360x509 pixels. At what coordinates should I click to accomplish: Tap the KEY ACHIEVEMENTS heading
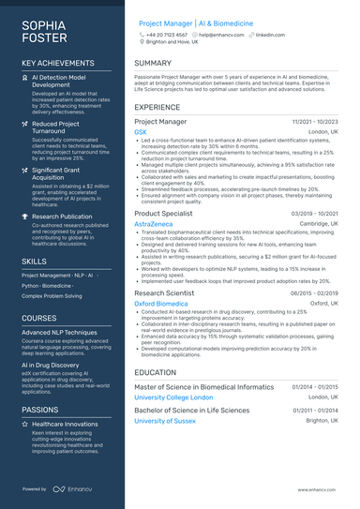pyautogui.click(x=57, y=63)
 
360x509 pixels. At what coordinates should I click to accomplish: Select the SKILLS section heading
pyautogui.click(x=34, y=262)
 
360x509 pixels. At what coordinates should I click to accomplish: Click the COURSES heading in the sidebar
pyautogui.click(x=39, y=318)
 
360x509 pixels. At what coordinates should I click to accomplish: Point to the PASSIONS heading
pyautogui.click(x=40, y=410)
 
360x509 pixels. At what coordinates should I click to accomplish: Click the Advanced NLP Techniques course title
pyautogui.click(x=59, y=333)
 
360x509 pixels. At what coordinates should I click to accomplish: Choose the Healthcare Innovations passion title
pyautogui.click(x=66, y=425)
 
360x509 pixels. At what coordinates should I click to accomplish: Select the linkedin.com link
pyautogui.click(x=270, y=34)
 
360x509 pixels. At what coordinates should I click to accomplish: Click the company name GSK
pyautogui.click(x=141, y=133)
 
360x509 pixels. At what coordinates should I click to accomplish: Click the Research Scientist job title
pyautogui.click(x=164, y=292)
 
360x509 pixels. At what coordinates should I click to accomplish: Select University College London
pyautogui.click(x=173, y=397)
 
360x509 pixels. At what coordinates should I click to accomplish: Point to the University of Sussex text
pyautogui.click(x=167, y=422)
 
